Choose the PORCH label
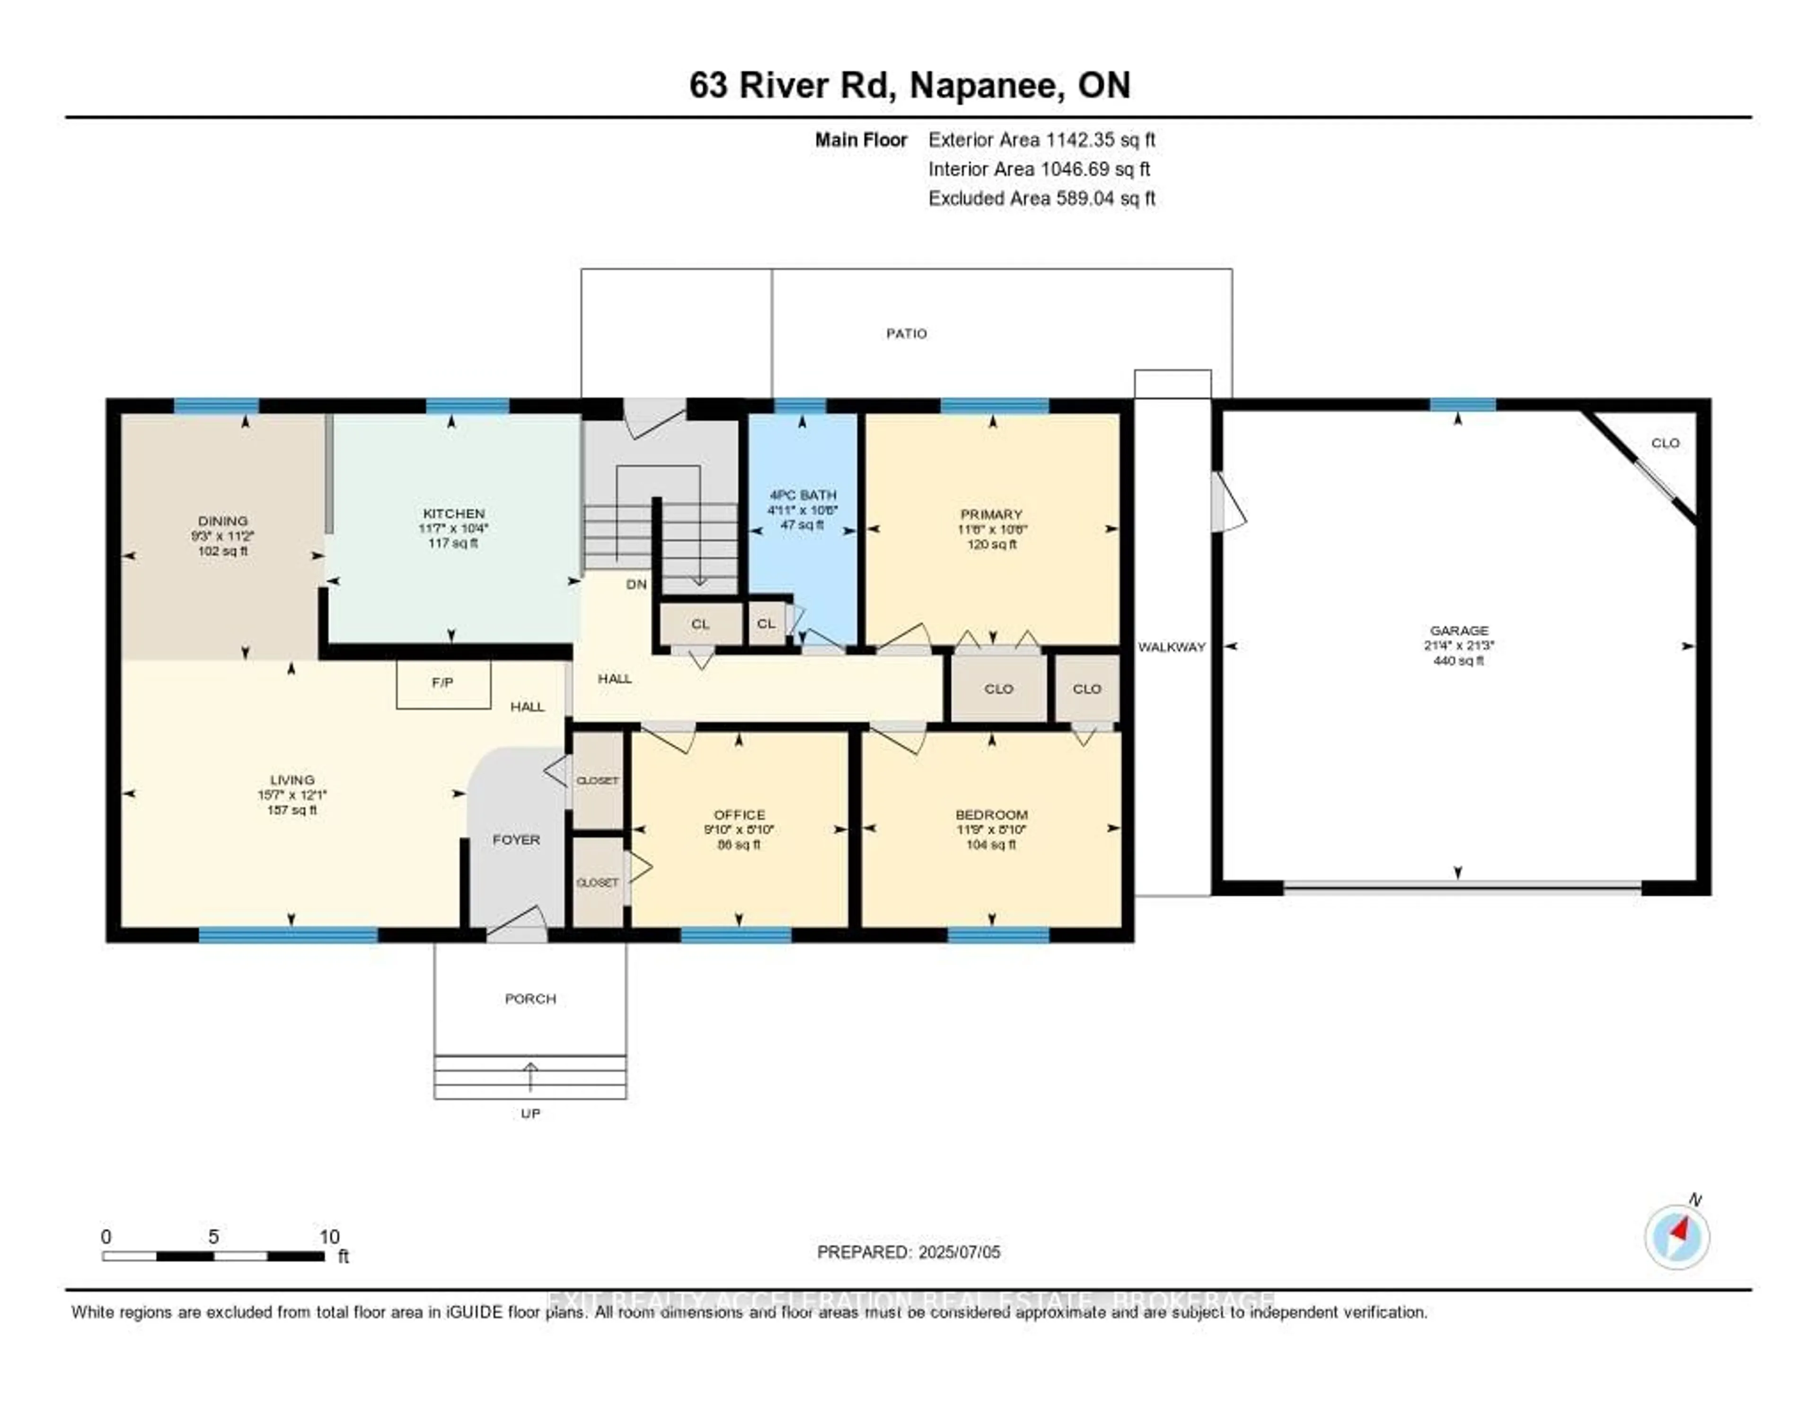point(530,998)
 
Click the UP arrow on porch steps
point(530,1075)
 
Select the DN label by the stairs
point(636,585)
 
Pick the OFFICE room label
point(739,814)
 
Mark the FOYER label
point(516,839)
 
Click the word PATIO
point(906,333)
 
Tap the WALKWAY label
point(1172,647)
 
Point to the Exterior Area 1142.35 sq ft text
point(1041,140)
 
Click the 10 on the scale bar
point(329,1236)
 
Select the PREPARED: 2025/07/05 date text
point(908,1252)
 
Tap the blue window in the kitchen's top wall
point(467,406)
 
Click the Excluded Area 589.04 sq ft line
point(1041,198)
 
